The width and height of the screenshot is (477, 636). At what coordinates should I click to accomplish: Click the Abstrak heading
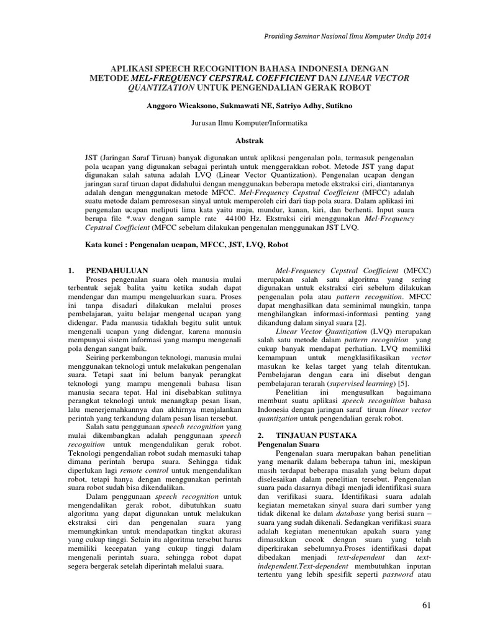tap(238, 141)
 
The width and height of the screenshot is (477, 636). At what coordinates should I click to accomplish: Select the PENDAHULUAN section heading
tap(115, 271)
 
